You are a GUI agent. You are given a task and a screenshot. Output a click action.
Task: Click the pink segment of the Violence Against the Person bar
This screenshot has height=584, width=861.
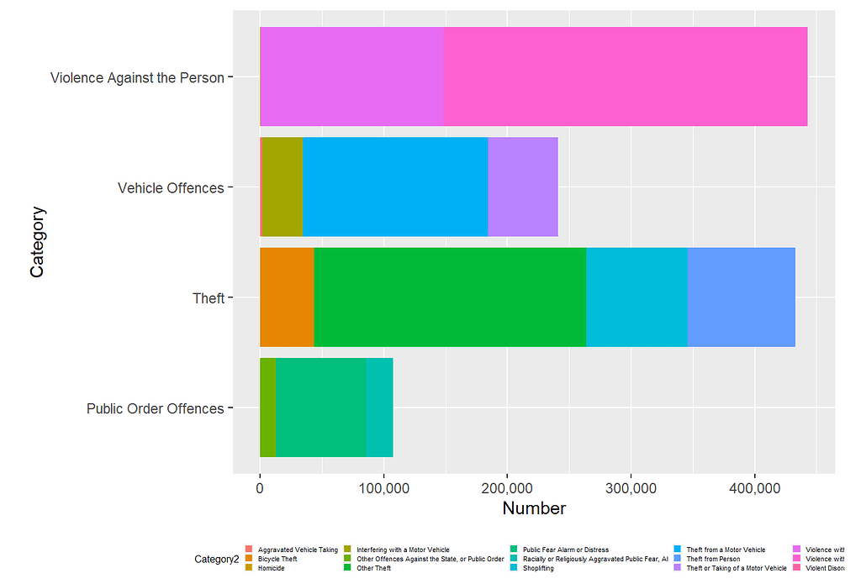pos(625,76)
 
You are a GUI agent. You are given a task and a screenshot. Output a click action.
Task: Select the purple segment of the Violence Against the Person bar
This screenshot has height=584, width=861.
pos(351,76)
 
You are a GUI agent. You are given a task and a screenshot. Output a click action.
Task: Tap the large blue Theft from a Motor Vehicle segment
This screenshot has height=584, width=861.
pos(394,187)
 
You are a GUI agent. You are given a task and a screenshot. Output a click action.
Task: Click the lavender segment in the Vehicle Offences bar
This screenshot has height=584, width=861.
pos(522,187)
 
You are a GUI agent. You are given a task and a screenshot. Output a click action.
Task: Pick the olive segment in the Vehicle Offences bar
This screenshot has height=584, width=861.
pos(282,187)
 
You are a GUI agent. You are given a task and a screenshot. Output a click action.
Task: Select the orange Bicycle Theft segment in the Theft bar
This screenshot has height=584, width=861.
pos(287,297)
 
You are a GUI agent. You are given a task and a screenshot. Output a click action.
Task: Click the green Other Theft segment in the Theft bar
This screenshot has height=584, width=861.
pos(449,297)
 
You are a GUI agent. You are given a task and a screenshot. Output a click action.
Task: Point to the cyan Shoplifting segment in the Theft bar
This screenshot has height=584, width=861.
pos(637,297)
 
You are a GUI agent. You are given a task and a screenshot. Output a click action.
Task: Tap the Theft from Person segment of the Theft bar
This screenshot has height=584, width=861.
pos(741,297)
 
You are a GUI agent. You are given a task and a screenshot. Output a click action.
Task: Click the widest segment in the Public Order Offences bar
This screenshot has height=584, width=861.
pos(320,408)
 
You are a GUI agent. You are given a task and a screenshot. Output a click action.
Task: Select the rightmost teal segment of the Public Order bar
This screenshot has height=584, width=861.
pos(379,408)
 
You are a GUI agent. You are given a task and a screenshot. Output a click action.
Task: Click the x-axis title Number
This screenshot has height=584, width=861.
pos(534,508)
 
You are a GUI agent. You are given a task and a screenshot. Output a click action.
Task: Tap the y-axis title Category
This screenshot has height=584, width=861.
pos(38,242)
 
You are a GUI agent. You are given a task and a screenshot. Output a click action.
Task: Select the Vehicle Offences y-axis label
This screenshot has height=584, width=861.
pos(171,187)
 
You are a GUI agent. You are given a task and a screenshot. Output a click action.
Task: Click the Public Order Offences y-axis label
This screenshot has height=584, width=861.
pos(156,408)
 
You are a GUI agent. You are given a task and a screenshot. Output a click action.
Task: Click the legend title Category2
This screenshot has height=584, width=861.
pos(216,559)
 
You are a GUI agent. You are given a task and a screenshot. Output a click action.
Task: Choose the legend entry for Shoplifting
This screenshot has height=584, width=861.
pos(538,568)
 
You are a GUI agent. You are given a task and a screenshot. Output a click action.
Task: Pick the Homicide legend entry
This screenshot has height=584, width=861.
pos(271,568)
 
